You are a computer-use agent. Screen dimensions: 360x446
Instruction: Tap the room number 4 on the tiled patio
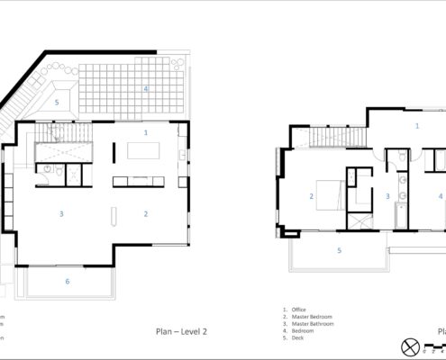click(x=145, y=89)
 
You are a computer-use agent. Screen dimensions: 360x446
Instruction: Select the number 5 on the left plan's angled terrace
click(x=57, y=103)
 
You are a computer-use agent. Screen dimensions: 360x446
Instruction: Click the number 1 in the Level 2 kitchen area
click(x=146, y=132)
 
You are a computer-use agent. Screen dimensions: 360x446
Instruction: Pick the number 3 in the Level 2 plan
click(x=61, y=213)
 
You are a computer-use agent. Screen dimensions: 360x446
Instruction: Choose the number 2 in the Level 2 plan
click(x=146, y=213)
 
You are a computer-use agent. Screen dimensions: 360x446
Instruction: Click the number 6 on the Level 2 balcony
click(x=67, y=282)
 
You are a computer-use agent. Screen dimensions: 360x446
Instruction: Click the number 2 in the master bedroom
click(x=311, y=195)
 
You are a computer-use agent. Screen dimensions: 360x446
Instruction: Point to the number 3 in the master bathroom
click(x=388, y=195)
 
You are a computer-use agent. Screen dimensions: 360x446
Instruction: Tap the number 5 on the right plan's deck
click(x=339, y=250)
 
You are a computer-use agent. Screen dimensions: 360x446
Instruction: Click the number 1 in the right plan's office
click(x=416, y=126)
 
